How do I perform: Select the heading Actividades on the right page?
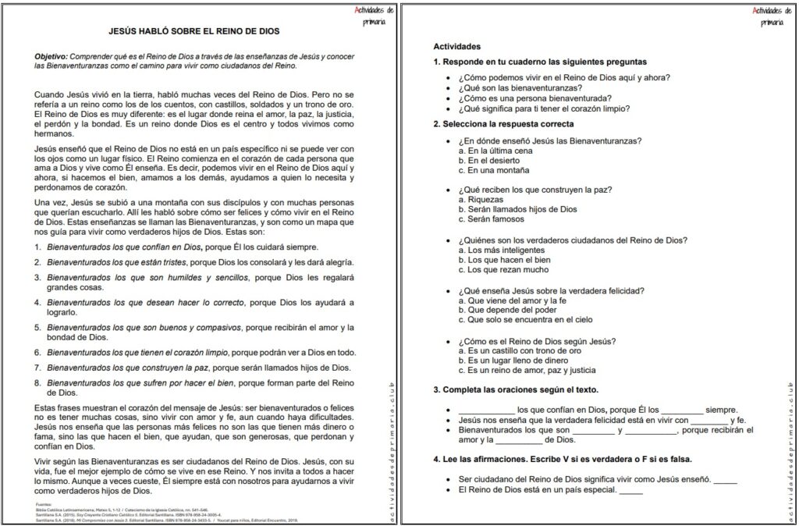tap(457, 47)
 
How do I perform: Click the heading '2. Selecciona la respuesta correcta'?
tap(503, 124)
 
